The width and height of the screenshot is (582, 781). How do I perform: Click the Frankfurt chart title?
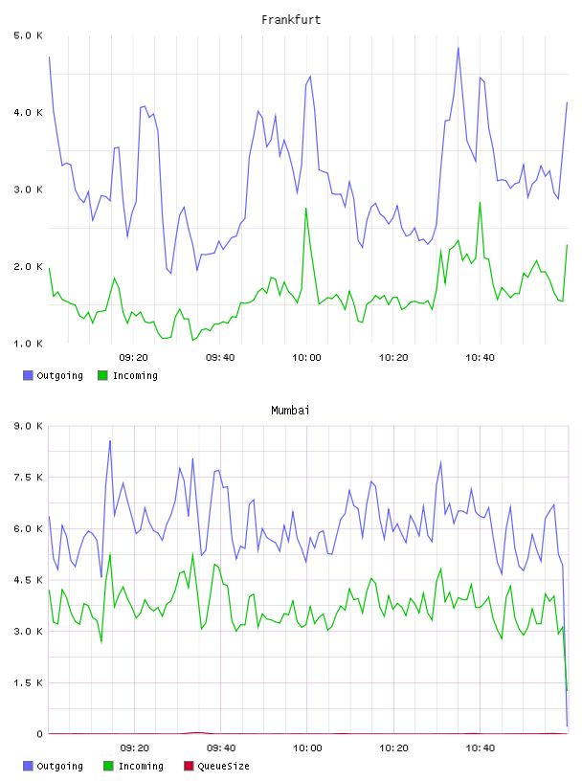[291, 20]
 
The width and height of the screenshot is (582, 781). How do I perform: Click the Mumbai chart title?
[290, 411]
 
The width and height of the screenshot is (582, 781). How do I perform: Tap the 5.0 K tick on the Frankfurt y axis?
[29, 35]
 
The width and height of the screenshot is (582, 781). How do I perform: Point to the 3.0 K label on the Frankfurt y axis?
[29, 190]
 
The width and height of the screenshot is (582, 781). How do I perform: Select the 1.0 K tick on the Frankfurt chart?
[29, 344]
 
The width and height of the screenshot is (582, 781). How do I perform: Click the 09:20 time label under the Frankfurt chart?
[134, 358]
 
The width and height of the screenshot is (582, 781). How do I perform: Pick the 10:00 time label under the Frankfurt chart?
[306, 358]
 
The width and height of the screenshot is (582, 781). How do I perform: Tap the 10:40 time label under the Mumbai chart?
[481, 748]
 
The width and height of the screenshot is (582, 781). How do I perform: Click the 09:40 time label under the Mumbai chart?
[221, 748]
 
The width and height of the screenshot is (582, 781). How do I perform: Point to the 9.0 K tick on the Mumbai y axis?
[29, 426]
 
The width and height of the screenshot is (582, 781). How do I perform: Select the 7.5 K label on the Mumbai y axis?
[29, 478]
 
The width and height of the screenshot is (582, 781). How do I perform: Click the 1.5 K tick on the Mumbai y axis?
[29, 682]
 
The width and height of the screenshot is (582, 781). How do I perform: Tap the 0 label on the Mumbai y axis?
[39, 734]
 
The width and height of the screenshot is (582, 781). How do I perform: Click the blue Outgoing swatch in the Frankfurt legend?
[28, 375]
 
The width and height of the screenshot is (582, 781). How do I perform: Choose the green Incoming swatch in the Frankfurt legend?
[102, 375]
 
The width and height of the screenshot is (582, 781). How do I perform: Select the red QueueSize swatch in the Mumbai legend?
[189, 766]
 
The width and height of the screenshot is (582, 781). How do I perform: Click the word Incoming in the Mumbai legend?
[141, 767]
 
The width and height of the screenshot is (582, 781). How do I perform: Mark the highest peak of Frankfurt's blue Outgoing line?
[458, 48]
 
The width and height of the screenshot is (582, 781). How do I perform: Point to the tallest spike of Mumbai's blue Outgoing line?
[110, 441]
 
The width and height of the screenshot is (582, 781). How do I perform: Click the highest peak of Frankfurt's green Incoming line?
[480, 202]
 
